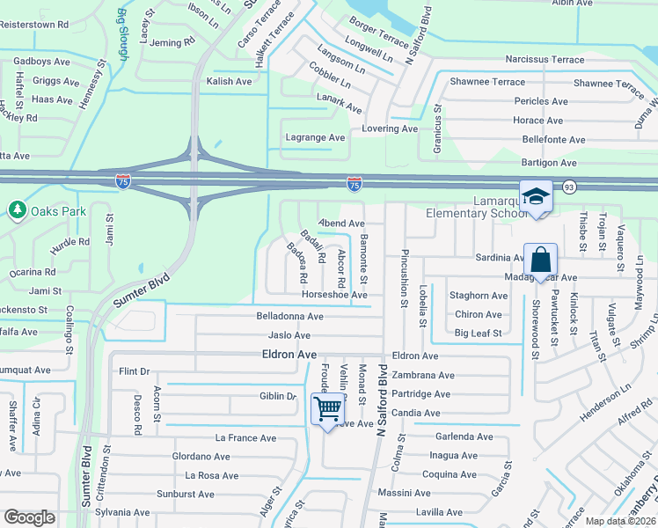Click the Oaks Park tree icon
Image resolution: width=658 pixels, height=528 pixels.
(x=17, y=210)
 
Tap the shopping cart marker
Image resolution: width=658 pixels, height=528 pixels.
(x=327, y=409)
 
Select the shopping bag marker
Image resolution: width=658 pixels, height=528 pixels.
(x=540, y=260)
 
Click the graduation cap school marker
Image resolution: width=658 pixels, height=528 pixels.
(x=534, y=198)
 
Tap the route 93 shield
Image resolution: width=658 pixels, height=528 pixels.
(x=569, y=187)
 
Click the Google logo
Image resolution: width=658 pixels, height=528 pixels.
(x=29, y=517)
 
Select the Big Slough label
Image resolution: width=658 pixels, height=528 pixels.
(x=122, y=32)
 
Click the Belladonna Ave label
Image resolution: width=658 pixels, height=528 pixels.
(x=289, y=316)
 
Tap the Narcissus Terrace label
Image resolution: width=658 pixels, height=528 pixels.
(x=545, y=60)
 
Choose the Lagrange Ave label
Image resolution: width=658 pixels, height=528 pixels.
(x=315, y=137)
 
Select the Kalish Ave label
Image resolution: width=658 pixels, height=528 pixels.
(x=229, y=81)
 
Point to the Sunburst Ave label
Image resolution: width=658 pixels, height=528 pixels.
(x=185, y=494)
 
